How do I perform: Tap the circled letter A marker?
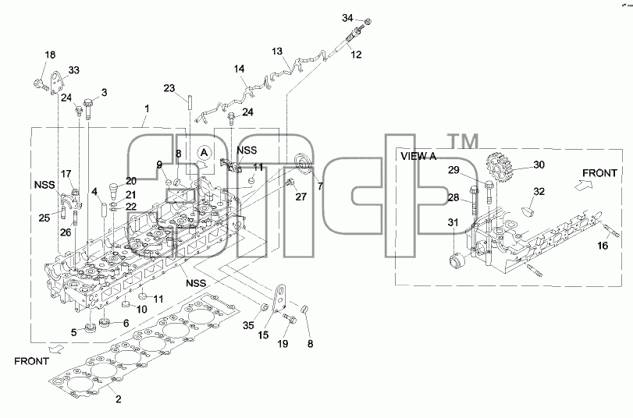[204, 153]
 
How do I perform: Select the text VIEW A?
[418, 156]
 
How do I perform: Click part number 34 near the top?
[347, 18]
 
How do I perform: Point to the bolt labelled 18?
[41, 84]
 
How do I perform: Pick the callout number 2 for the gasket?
[119, 399]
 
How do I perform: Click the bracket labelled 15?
[279, 299]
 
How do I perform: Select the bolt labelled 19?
[290, 318]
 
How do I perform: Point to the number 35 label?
[248, 325]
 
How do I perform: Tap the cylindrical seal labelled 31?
[458, 260]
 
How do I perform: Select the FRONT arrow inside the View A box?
[582, 185]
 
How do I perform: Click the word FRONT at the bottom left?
[31, 361]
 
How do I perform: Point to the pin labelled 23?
[188, 102]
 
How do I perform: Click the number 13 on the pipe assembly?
[277, 51]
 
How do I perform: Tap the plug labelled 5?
[90, 328]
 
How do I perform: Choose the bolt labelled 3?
[88, 108]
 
